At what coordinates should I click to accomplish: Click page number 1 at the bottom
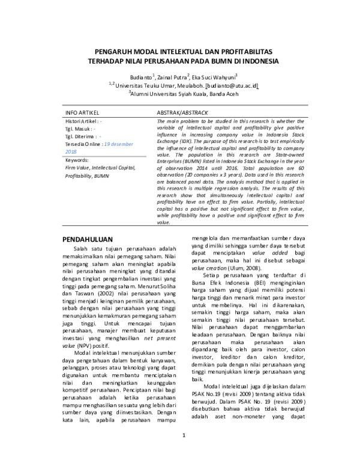pos(185,452)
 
